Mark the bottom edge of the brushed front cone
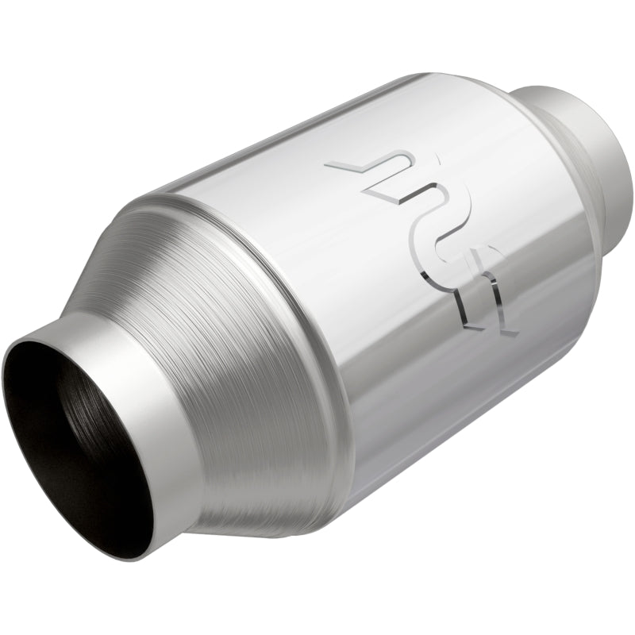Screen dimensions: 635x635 click(262, 528)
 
